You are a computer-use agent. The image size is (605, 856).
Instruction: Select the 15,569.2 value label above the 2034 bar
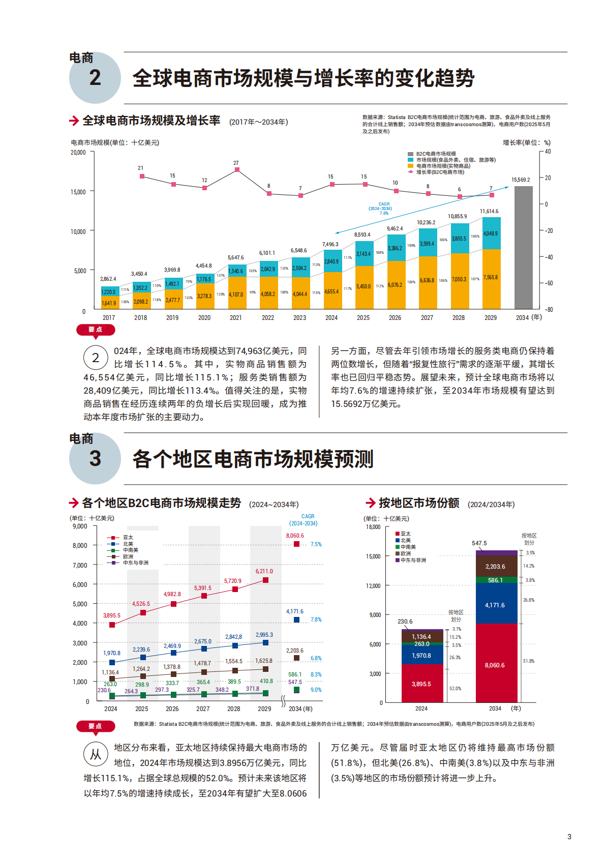pyautogui.click(x=521, y=180)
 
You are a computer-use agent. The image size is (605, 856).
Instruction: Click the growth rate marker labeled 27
pyautogui.click(x=236, y=170)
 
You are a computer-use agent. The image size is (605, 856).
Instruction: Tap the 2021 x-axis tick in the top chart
pyautogui.click(x=235, y=317)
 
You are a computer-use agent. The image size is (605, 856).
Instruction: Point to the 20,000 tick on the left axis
pyautogui.click(x=78, y=152)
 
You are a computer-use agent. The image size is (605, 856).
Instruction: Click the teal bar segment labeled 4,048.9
pyautogui.click(x=491, y=233)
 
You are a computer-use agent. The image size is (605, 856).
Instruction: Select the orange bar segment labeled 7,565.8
pyautogui.click(x=491, y=278)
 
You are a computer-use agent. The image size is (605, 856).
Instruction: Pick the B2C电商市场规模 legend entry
pyautogui.click(x=436, y=154)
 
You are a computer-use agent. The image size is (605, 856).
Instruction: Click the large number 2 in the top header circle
pyautogui.click(x=95, y=78)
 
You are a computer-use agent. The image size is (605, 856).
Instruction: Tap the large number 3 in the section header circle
pyautogui.click(x=95, y=459)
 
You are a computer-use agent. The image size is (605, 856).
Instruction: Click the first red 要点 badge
pyautogui.click(x=95, y=330)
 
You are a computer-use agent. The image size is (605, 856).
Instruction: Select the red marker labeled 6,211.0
pyautogui.click(x=265, y=580)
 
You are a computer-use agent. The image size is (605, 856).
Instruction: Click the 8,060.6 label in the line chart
pyautogui.click(x=295, y=536)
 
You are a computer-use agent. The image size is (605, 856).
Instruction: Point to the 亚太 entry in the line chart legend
pyautogui.click(x=128, y=537)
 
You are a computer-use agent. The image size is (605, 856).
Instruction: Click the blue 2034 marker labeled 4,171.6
pyautogui.click(x=296, y=619)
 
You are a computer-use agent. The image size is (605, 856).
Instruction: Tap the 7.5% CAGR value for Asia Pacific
pyautogui.click(x=316, y=544)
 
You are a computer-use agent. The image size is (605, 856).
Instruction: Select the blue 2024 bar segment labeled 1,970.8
pyautogui.click(x=421, y=655)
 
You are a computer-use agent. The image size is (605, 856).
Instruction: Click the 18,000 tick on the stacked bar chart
pyautogui.click(x=373, y=527)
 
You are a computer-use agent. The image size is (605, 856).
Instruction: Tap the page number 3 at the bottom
pyautogui.click(x=569, y=836)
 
